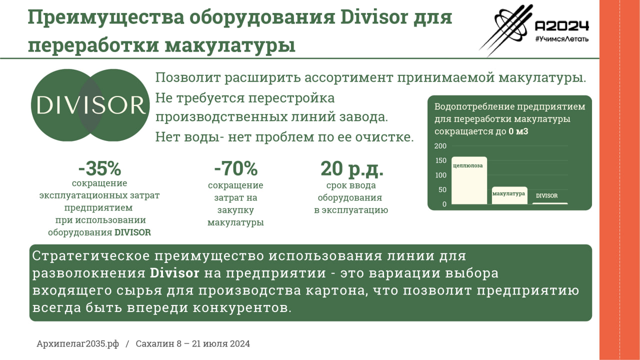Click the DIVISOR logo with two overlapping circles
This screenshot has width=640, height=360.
90,105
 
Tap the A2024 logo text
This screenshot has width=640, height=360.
561,26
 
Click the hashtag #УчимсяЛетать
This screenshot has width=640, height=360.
561,38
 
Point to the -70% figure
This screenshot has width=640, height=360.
235,169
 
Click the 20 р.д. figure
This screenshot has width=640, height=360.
351,169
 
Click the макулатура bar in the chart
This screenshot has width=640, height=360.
509,195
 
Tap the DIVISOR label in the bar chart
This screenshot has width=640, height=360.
546,196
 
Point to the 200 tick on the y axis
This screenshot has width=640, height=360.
440,146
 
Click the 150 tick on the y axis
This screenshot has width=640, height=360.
440,161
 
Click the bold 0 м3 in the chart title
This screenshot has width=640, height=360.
518,132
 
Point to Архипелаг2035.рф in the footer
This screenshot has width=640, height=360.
77,344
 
